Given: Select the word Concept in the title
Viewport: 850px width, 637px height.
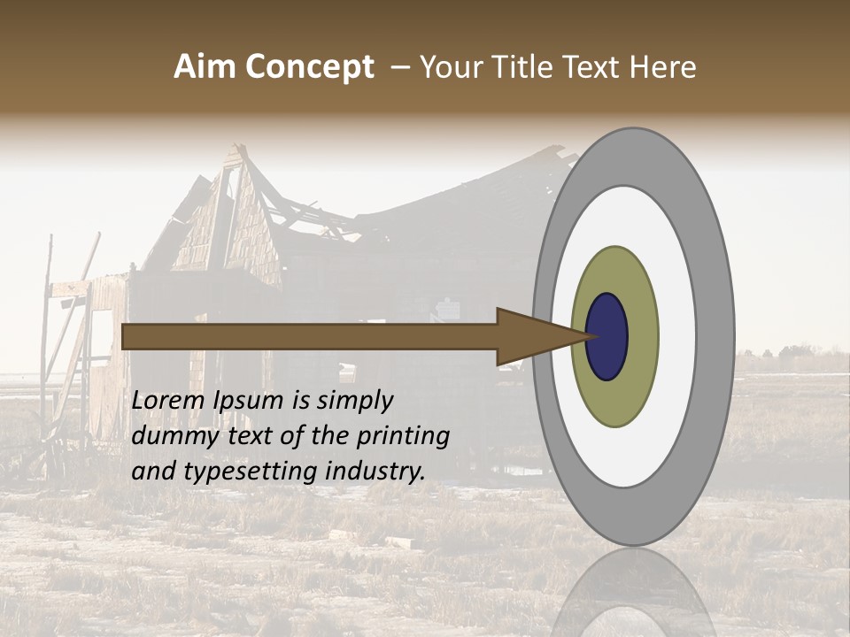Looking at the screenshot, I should (x=310, y=67).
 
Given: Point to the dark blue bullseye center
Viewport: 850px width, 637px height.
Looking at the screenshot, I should (x=607, y=336).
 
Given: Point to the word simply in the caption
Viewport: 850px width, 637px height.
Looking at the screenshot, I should (x=354, y=402).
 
